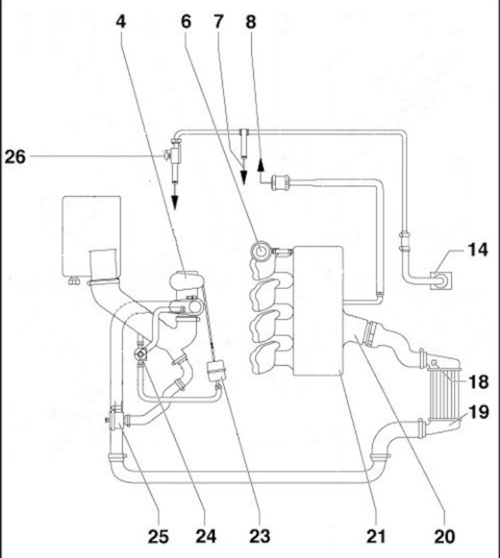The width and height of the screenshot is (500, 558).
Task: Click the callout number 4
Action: click(x=121, y=22)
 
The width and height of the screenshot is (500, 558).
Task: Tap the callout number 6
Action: click(x=186, y=22)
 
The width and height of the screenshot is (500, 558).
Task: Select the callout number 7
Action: click(x=219, y=22)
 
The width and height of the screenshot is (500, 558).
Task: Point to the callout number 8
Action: click(x=251, y=22)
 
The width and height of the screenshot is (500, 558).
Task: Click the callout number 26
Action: click(x=15, y=157)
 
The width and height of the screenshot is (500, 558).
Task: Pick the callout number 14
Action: click(x=477, y=250)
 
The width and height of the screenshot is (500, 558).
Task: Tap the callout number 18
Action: click(x=479, y=382)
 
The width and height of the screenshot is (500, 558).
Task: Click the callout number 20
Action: click(x=444, y=536)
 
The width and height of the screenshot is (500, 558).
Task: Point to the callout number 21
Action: click(x=375, y=536)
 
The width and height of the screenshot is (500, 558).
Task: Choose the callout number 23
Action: click(x=260, y=536)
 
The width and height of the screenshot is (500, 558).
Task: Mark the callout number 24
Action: click(x=206, y=536)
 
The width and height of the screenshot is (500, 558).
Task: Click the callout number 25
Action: click(x=158, y=536)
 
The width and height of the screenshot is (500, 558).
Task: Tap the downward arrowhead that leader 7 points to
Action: click(x=243, y=178)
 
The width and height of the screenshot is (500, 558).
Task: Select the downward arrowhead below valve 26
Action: click(x=175, y=202)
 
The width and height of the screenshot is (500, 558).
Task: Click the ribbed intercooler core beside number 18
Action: click(x=444, y=393)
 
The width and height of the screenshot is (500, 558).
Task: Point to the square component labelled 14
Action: click(x=441, y=280)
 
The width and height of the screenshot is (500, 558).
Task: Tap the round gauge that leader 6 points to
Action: click(x=261, y=251)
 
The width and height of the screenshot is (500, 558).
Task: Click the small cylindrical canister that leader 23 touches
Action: click(x=217, y=371)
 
